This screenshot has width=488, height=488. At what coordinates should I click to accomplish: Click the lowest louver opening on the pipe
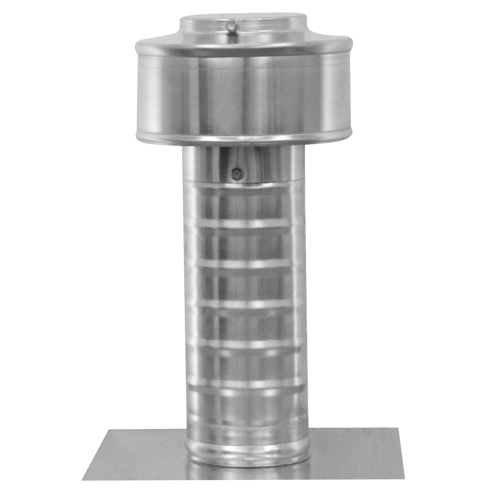tap(244, 404)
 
